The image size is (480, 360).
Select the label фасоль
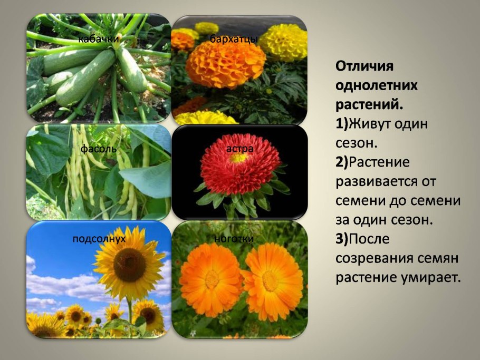[98, 149]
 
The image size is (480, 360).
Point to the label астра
[240, 149]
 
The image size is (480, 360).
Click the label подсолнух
[99, 239]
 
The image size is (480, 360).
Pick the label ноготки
[234, 239]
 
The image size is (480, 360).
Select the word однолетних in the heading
[376, 85]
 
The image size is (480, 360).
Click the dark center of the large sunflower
[129, 265]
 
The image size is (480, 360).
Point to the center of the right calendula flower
[271, 280]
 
